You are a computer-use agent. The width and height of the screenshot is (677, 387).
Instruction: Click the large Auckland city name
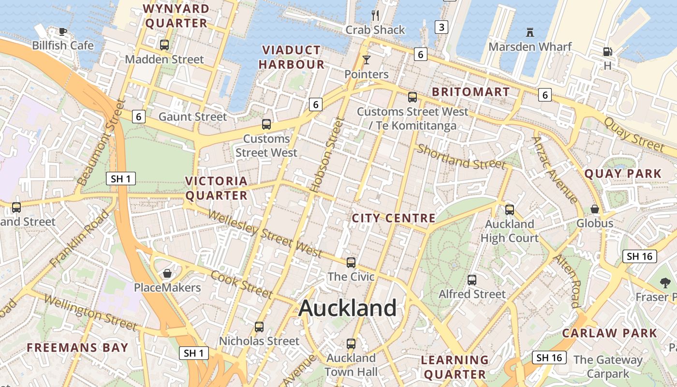(348, 308)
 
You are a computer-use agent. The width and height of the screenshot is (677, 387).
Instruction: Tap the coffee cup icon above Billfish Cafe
(62, 31)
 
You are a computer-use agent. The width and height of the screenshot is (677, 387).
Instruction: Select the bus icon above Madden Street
(164, 45)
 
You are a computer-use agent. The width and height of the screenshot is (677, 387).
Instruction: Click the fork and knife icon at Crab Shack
(375, 15)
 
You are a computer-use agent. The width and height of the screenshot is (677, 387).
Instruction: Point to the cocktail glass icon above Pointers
(366, 60)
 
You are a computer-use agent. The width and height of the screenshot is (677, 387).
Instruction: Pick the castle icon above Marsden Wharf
(530, 32)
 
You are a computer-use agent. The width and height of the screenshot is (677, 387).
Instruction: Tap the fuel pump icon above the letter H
(607, 51)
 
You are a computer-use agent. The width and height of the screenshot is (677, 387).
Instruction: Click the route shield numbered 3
(441, 27)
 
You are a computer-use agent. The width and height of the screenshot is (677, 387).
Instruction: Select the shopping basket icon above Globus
(595, 209)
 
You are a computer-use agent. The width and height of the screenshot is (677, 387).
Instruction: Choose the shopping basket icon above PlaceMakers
(167, 273)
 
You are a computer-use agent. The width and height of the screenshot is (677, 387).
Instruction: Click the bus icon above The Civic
(351, 263)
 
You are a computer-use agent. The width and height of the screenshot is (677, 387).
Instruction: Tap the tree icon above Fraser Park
(665, 283)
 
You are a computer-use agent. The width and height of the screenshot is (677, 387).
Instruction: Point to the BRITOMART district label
(471, 92)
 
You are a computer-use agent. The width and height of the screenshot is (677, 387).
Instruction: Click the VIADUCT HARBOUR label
(291, 57)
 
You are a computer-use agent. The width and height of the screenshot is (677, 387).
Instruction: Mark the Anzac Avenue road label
(555, 170)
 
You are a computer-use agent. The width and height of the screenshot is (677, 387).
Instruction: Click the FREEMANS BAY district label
(77, 347)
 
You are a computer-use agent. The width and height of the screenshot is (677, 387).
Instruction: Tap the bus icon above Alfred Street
(471, 280)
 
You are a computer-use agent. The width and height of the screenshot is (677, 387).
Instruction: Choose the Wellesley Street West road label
(264, 234)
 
